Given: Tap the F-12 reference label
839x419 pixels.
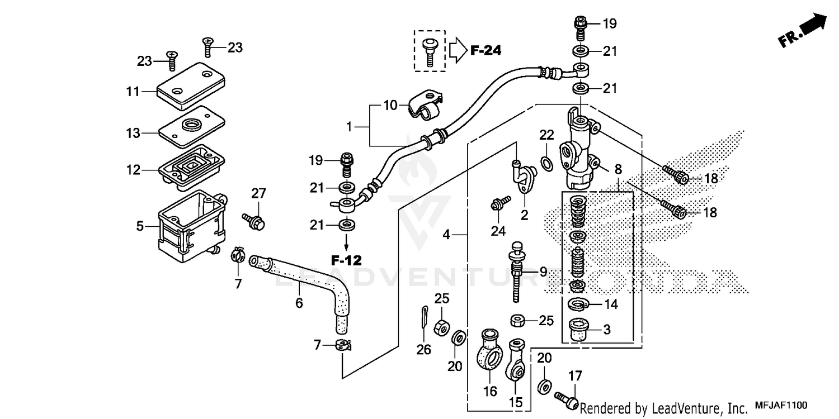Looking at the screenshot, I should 346,260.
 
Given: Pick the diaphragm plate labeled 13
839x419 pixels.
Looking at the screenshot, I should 191,126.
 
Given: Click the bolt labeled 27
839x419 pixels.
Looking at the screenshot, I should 253,220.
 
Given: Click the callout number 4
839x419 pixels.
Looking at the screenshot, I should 446,235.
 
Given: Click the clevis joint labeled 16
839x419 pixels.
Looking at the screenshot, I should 490,350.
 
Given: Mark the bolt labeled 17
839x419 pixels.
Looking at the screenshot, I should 566,398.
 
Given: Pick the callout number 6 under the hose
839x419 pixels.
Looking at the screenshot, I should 299,303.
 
